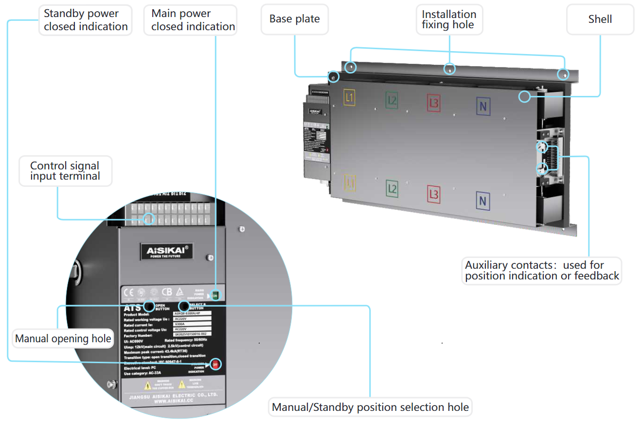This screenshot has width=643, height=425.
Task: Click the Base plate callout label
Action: click(x=295, y=19)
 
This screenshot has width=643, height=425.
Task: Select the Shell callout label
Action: click(x=600, y=19)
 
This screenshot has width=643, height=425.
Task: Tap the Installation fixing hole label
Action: click(x=449, y=20)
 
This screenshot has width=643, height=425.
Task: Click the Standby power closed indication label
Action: click(x=86, y=20)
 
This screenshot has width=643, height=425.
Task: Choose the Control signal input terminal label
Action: click(x=65, y=171)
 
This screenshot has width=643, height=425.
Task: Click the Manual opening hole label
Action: click(x=63, y=339)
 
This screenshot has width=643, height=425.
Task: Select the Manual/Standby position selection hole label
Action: click(x=370, y=407)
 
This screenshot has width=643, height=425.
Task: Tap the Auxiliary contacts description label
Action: click(x=542, y=271)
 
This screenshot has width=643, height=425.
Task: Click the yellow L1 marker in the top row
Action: click(x=349, y=97)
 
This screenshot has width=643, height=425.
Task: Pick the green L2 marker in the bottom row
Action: click(x=392, y=188)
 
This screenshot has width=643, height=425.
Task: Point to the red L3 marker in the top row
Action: click(x=434, y=103)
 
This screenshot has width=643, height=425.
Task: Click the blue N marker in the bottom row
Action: click(x=482, y=201)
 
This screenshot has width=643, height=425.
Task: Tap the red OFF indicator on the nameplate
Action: click(x=216, y=364)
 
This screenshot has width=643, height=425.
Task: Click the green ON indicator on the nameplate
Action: click(x=216, y=295)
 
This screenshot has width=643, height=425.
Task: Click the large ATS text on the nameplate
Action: click(x=132, y=307)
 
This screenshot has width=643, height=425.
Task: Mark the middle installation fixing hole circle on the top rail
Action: click(x=451, y=69)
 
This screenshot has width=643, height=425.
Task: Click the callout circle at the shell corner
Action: click(x=524, y=96)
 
